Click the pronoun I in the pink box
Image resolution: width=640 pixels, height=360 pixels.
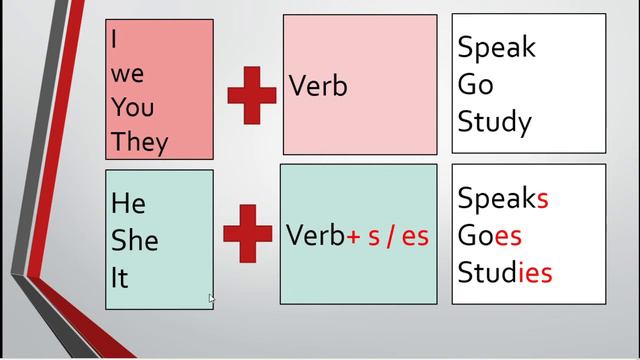(114, 39)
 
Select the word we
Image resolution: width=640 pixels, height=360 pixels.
(127, 74)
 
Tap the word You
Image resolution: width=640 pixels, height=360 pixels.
(133, 107)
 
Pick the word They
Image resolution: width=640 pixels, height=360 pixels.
(140, 143)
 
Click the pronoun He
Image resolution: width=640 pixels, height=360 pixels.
(128, 203)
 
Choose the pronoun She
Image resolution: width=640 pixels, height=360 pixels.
(135, 240)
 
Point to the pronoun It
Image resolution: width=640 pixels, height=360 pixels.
(120, 278)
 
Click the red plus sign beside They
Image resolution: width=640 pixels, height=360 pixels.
(252, 96)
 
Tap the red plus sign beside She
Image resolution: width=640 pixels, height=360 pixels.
(248, 233)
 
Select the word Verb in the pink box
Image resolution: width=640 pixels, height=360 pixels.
(318, 86)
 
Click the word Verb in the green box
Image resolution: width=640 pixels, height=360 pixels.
(316, 235)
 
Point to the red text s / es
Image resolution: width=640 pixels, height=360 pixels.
(398, 236)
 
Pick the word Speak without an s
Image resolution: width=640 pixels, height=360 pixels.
(496, 48)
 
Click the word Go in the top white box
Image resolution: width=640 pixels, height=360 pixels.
(476, 84)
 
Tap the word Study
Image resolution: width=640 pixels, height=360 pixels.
(495, 122)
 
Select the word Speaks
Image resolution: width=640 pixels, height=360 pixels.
(503, 199)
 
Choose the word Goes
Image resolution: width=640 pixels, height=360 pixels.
(490, 236)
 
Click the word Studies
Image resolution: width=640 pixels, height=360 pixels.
(505, 272)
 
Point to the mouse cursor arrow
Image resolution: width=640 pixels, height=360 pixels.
(211, 299)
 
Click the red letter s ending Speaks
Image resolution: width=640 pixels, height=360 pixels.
(542, 200)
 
